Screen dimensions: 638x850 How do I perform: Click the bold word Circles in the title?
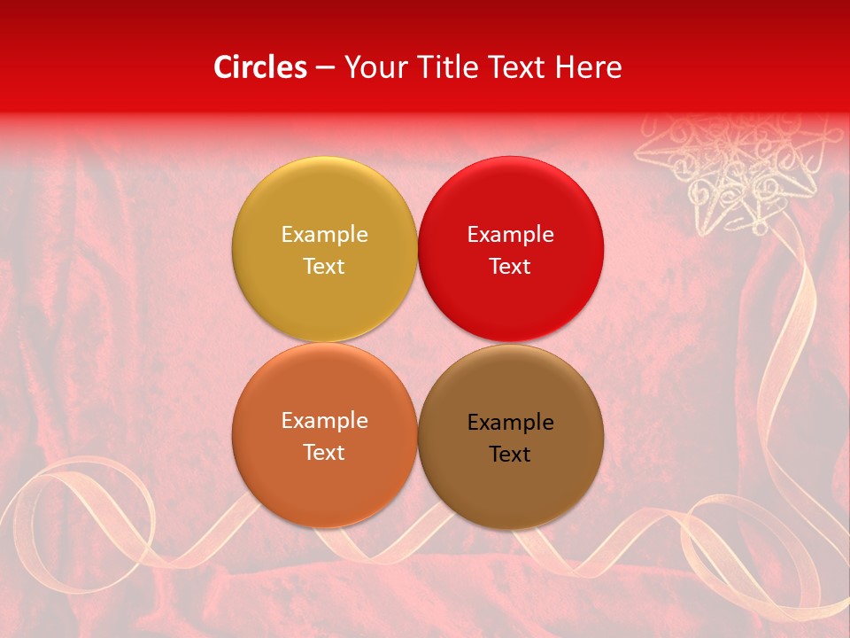pyautogui.click(x=260, y=67)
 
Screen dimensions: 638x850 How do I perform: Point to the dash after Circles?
pyautogui.click(x=325, y=68)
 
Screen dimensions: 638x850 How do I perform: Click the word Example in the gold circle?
pyautogui.click(x=324, y=235)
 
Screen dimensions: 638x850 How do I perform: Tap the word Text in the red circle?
pyautogui.click(x=510, y=267)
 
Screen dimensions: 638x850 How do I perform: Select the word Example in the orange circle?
pyautogui.click(x=324, y=421)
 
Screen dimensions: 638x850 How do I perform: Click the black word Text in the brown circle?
pyautogui.click(x=510, y=455)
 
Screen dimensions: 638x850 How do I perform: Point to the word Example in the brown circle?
pyautogui.click(x=510, y=423)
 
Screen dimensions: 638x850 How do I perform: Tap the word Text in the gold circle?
pyautogui.click(x=324, y=267)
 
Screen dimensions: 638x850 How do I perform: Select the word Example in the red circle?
pyautogui.click(x=510, y=235)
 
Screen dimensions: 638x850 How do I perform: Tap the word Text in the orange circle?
pyautogui.click(x=324, y=453)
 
